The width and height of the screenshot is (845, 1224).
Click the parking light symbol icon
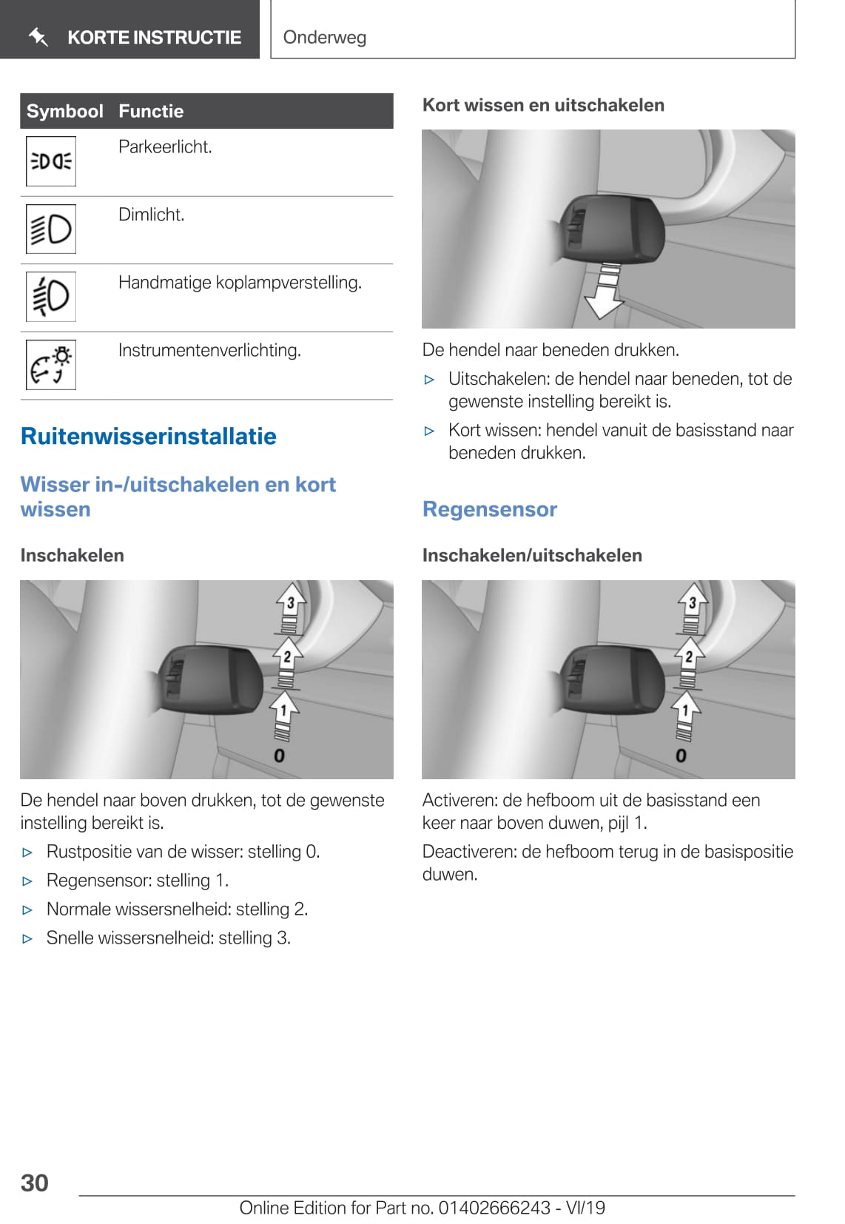pos(51,161)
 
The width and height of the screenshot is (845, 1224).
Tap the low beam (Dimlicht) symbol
pos(51,229)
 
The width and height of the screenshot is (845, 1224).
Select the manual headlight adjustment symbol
pos(51,296)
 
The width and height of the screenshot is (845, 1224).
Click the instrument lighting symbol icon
pos(51,364)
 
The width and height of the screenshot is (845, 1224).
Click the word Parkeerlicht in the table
pos(165,147)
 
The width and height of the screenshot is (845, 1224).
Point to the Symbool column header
pos(64,111)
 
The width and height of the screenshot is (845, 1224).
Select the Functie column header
pos(151,111)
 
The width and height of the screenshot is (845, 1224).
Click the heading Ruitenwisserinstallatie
pos(149,436)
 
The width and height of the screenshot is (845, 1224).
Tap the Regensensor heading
pos(490,509)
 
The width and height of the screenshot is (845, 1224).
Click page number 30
pos(35,1183)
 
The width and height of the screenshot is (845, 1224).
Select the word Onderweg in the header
pos(325,37)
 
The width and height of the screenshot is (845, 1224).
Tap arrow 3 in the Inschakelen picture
pos(291,602)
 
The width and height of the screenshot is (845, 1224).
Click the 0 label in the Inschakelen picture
pos(279,756)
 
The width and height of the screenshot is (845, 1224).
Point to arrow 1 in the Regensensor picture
pos(685,710)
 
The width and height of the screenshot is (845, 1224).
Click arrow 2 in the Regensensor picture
pos(689,656)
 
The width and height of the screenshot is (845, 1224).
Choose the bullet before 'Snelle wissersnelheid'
pos(28,939)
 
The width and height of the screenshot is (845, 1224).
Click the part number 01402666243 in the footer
pos(494,1208)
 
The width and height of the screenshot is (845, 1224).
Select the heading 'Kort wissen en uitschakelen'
pos(543,105)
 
